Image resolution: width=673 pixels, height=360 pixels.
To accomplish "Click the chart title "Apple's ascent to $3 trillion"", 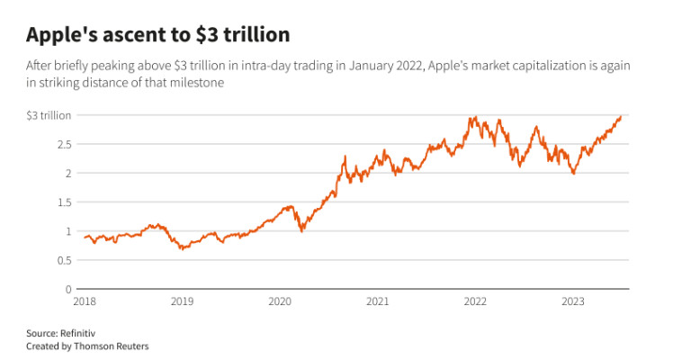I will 158,35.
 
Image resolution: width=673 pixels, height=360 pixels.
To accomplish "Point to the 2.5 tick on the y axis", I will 65,144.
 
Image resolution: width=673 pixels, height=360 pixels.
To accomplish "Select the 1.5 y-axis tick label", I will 65,202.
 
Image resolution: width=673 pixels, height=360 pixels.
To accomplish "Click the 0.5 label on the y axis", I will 65,260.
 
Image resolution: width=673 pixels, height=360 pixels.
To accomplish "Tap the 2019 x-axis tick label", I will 182,302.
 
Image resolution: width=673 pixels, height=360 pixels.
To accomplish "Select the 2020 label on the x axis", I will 281,302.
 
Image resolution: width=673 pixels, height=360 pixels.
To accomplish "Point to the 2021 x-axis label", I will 379,302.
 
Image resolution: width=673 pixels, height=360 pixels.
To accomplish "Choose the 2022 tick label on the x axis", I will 477,302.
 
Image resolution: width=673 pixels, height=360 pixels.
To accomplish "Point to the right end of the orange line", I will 622,116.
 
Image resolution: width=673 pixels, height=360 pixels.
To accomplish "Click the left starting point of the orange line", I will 84,238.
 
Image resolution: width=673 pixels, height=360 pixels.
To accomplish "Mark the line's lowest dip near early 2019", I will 182,248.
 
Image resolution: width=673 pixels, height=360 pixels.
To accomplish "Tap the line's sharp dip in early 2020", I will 302,231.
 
